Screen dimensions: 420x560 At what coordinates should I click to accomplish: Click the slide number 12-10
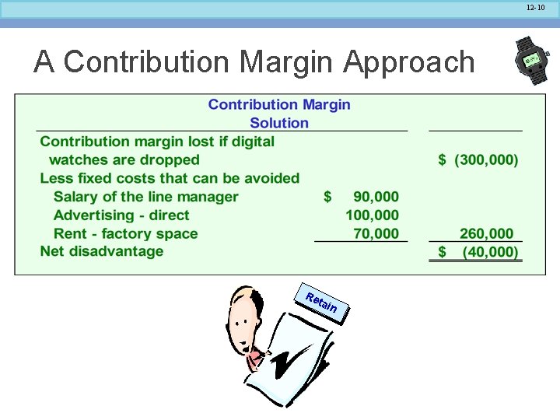(x=536, y=8)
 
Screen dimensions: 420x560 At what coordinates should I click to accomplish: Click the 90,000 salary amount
(x=375, y=197)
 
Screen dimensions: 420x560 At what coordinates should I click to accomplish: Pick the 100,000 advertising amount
(x=372, y=215)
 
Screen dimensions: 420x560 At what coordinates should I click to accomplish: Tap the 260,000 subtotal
(x=486, y=233)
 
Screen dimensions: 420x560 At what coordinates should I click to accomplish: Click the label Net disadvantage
(x=102, y=251)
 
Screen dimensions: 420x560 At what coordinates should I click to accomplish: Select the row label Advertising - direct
(x=121, y=215)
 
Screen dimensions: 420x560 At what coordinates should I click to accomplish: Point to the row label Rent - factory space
(x=125, y=233)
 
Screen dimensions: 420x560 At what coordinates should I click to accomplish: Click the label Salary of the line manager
(x=145, y=197)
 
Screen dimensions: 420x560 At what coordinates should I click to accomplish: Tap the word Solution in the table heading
(x=279, y=123)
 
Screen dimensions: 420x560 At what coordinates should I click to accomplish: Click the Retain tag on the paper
(x=321, y=303)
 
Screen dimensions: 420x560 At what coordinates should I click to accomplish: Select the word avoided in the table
(x=269, y=178)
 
